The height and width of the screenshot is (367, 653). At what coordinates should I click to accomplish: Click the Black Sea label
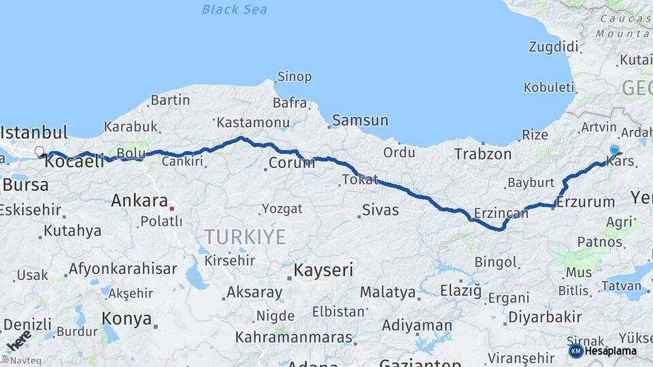[x=235, y=10]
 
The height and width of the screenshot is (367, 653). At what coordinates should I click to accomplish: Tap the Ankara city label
[x=139, y=200]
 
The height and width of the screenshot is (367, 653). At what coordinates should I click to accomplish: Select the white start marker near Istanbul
[x=39, y=152]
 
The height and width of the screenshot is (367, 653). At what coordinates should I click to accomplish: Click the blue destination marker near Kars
[x=614, y=150]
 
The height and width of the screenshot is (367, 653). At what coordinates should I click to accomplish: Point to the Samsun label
[x=360, y=120]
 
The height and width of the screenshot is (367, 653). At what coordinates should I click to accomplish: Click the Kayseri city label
[x=323, y=270]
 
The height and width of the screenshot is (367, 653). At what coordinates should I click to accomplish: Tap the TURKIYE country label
[x=246, y=237]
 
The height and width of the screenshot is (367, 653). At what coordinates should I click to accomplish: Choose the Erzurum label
[x=586, y=201]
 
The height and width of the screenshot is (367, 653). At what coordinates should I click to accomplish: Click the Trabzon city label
[x=482, y=154]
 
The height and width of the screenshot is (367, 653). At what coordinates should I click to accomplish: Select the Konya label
[x=127, y=318]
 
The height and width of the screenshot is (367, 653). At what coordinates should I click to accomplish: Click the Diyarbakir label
[x=545, y=317]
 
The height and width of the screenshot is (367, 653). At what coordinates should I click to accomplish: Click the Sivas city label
[x=380, y=210]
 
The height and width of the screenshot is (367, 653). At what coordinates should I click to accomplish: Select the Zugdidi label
[x=554, y=47]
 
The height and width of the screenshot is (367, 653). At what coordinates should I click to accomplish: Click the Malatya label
[x=388, y=292]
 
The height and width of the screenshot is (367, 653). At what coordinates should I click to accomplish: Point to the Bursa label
[x=25, y=184]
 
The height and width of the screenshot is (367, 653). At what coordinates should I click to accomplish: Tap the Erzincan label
[x=501, y=213]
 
